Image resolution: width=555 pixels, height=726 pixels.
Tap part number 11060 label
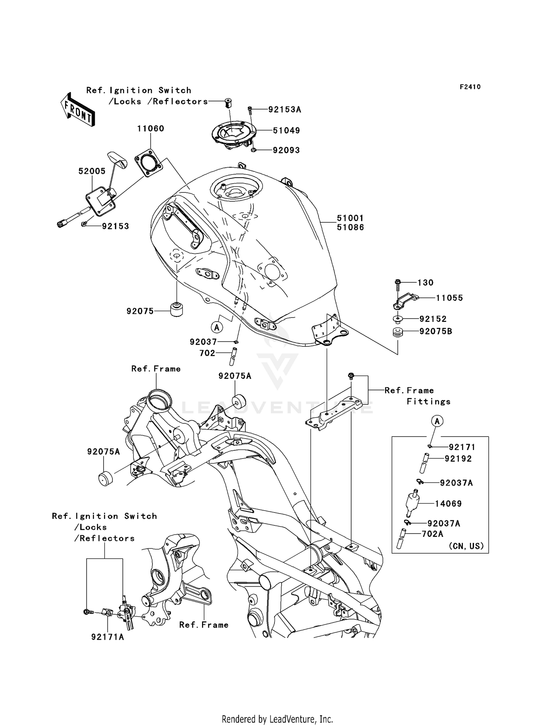pos(151,129)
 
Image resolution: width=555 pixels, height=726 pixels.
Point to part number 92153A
pos(285,110)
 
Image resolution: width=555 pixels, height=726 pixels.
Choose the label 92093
pos(286,150)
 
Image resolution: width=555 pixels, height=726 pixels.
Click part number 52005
pos(92,171)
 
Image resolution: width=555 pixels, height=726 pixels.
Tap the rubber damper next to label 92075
pos(177,309)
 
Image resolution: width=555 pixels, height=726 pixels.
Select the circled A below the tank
pos(217,327)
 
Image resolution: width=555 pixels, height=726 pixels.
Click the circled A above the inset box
pos(437,421)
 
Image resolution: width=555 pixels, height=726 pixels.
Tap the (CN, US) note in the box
pos(466,546)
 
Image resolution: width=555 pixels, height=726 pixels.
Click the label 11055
pos(449,298)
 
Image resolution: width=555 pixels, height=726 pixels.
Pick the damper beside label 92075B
pos(398,332)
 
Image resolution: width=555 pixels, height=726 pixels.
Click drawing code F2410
pos(470,87)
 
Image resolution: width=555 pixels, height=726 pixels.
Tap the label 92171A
pos(108,637)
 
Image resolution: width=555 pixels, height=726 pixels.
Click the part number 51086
pos(350,228)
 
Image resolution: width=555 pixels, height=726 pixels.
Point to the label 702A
pos(432,534)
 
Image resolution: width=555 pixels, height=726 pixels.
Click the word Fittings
pos(428,401)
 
